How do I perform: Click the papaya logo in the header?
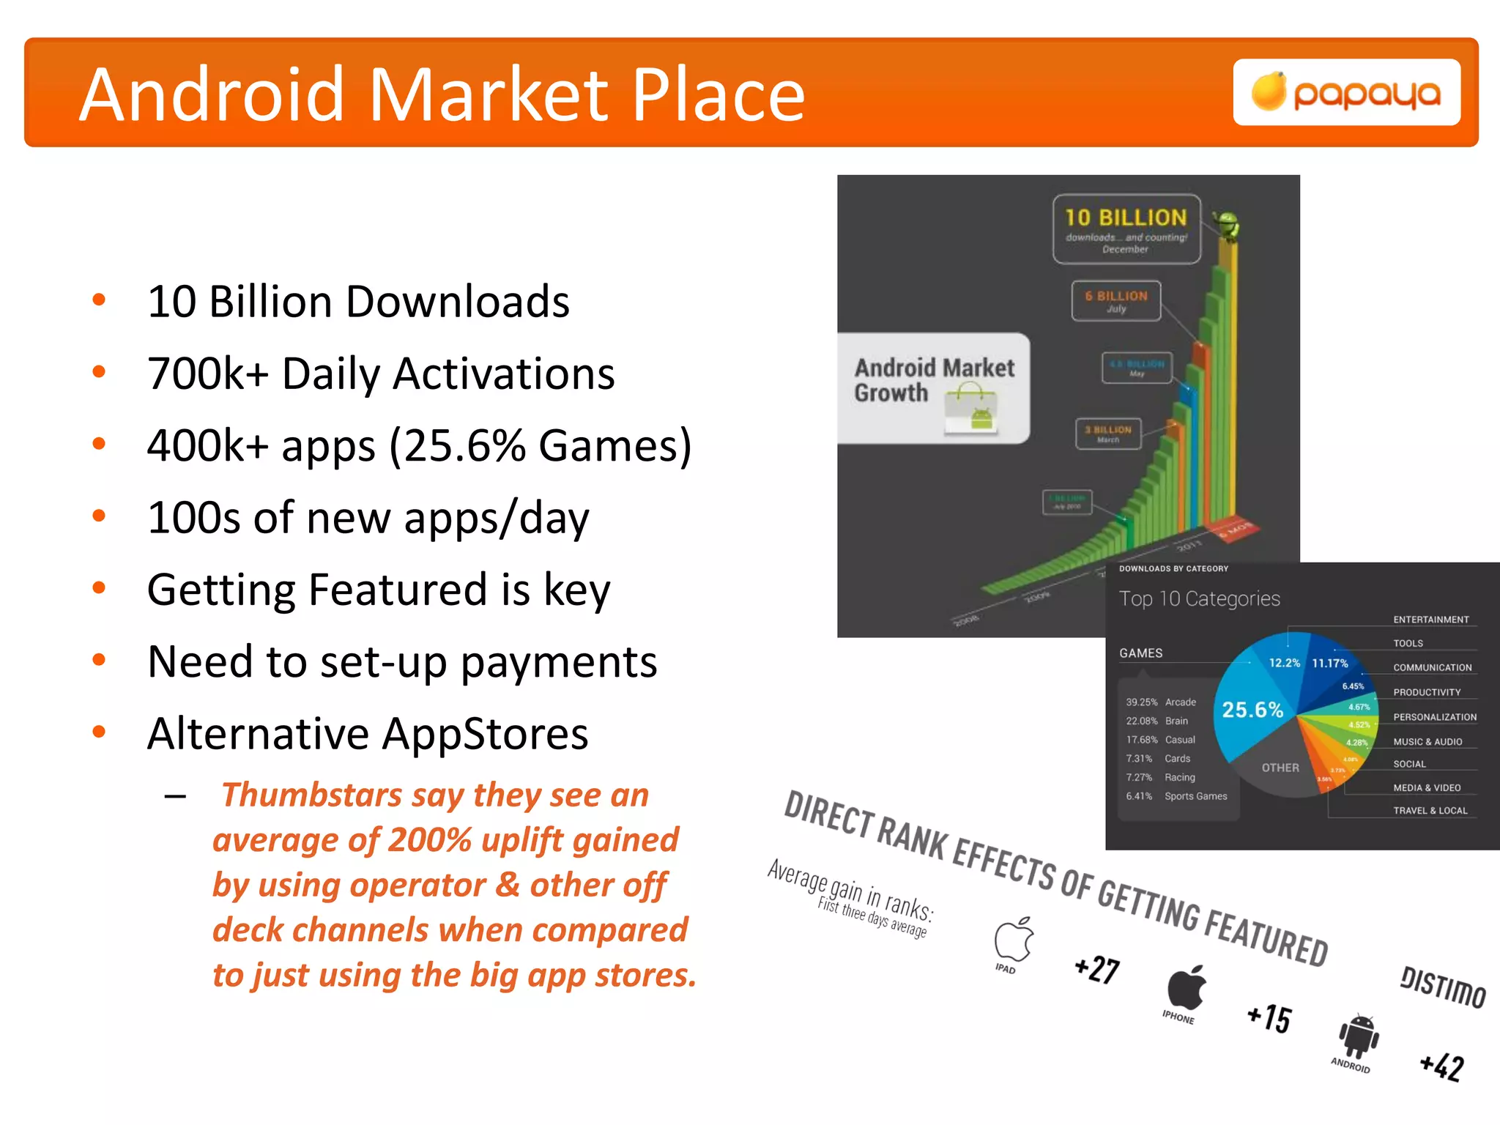click(x=1346, y=93)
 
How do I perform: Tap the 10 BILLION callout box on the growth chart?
click(x=1126, y=229)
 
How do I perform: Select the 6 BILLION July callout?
click(x=1116, y=300)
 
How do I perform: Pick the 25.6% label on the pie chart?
click(x=1252, y=710)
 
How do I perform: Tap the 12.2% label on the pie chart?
click(x=1284, y=663)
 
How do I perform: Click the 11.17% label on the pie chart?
click(x=1329, y=663)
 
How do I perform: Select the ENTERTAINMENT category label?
click(x=1430, y=620)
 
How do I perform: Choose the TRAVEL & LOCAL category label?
click(x=1430, y=811)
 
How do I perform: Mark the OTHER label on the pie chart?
click(x=1280, y=768)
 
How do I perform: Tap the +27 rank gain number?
click(x=1096, y=969)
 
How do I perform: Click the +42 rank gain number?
click(x=1441, y=1066)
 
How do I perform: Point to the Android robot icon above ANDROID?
click(x=1359, y=1036)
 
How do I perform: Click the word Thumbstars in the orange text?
click(x=312, y=795)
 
